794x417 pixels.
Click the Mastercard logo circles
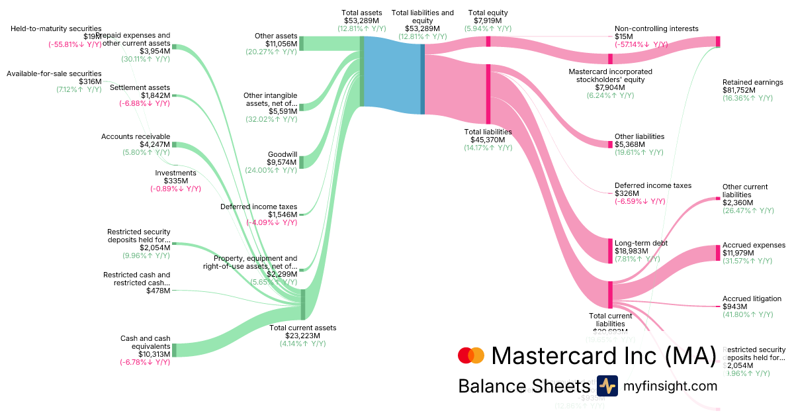[471, 355]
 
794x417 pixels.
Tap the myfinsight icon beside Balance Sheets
[607, 386]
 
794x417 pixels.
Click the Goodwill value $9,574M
[283, 162]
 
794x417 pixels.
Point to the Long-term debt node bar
[610, 251]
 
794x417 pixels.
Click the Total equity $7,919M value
[489, 21]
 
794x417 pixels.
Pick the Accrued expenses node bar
[717, 252]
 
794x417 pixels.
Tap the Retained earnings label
[752, 82]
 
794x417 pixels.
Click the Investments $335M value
[175, 181]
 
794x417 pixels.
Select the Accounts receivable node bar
[175, 145]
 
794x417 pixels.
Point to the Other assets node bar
[301, 44]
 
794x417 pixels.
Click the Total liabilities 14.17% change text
[488, 148]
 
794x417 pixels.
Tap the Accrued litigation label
[752, 299]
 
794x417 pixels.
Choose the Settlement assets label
[140, 87]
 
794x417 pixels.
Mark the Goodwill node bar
[301, 162]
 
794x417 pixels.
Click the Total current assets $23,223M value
[302, 336]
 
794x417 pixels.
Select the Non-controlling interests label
[656, 28]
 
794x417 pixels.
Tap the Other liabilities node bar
[610, 144]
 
